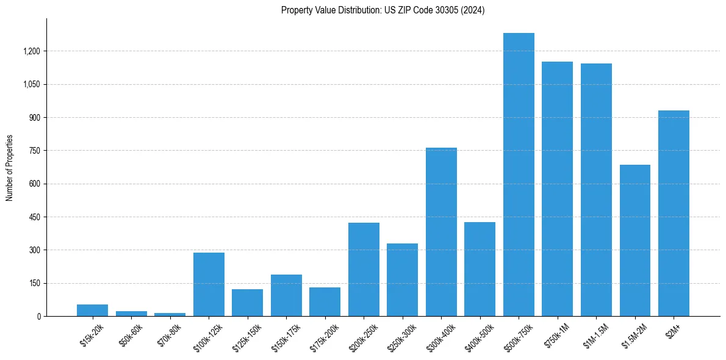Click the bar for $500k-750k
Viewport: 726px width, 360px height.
tap(519, 175)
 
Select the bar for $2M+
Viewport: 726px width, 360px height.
tap(674, 213)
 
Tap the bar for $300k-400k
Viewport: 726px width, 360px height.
tap(441, 232)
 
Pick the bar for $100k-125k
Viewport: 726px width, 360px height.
tap(209, 284)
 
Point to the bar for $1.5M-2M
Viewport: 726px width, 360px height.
tap(634, 240)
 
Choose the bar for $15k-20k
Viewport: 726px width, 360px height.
tap(93, 310)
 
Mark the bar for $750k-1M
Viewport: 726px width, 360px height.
tap(557, 189)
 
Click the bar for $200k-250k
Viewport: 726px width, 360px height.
tap(364, 269)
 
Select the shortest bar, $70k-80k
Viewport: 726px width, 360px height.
tap(170, 314)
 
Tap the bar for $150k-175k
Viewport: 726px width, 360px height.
tap(286, 295)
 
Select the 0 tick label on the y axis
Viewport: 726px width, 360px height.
tap(38, 317)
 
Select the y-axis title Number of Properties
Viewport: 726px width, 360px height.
tap(9, 167)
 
